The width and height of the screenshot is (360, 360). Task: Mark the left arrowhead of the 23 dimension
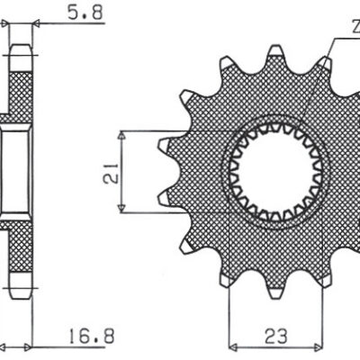(232, 346)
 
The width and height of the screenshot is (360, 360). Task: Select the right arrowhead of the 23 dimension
(319, 346)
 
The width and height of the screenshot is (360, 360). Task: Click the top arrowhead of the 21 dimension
(121, 133)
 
